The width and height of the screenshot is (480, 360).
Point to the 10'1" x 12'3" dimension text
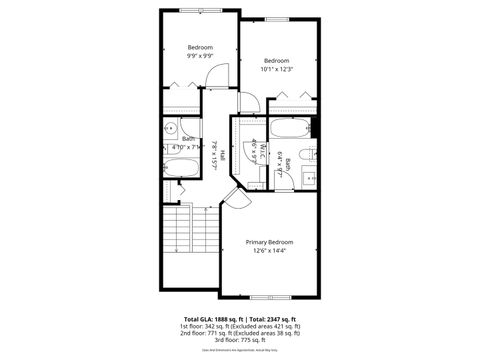click(276, 68)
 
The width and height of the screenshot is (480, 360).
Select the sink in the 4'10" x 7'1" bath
click(171, 128)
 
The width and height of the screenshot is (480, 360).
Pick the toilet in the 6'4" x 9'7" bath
click(309, 154)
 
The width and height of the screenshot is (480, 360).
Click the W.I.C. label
click(255, 151)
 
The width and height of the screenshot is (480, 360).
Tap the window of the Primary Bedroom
click(270, 297)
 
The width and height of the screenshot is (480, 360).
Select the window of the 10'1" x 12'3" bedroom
click(277, 20)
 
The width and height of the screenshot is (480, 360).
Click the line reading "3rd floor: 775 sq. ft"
click(240, 342)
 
